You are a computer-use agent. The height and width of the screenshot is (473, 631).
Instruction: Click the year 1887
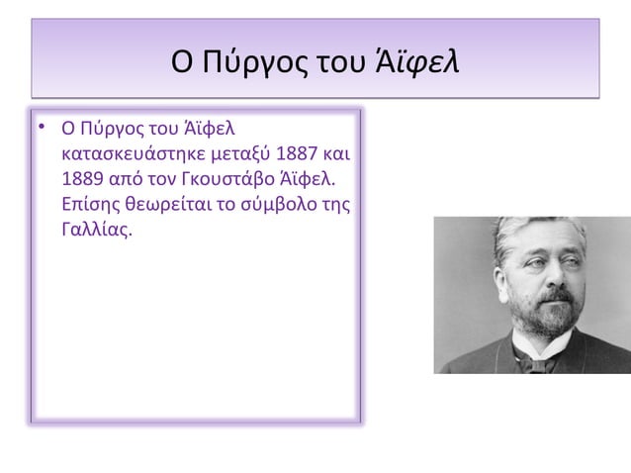click(x=300, y=155)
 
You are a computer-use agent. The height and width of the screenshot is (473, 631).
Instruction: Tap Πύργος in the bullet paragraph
click(x=106, y=130)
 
